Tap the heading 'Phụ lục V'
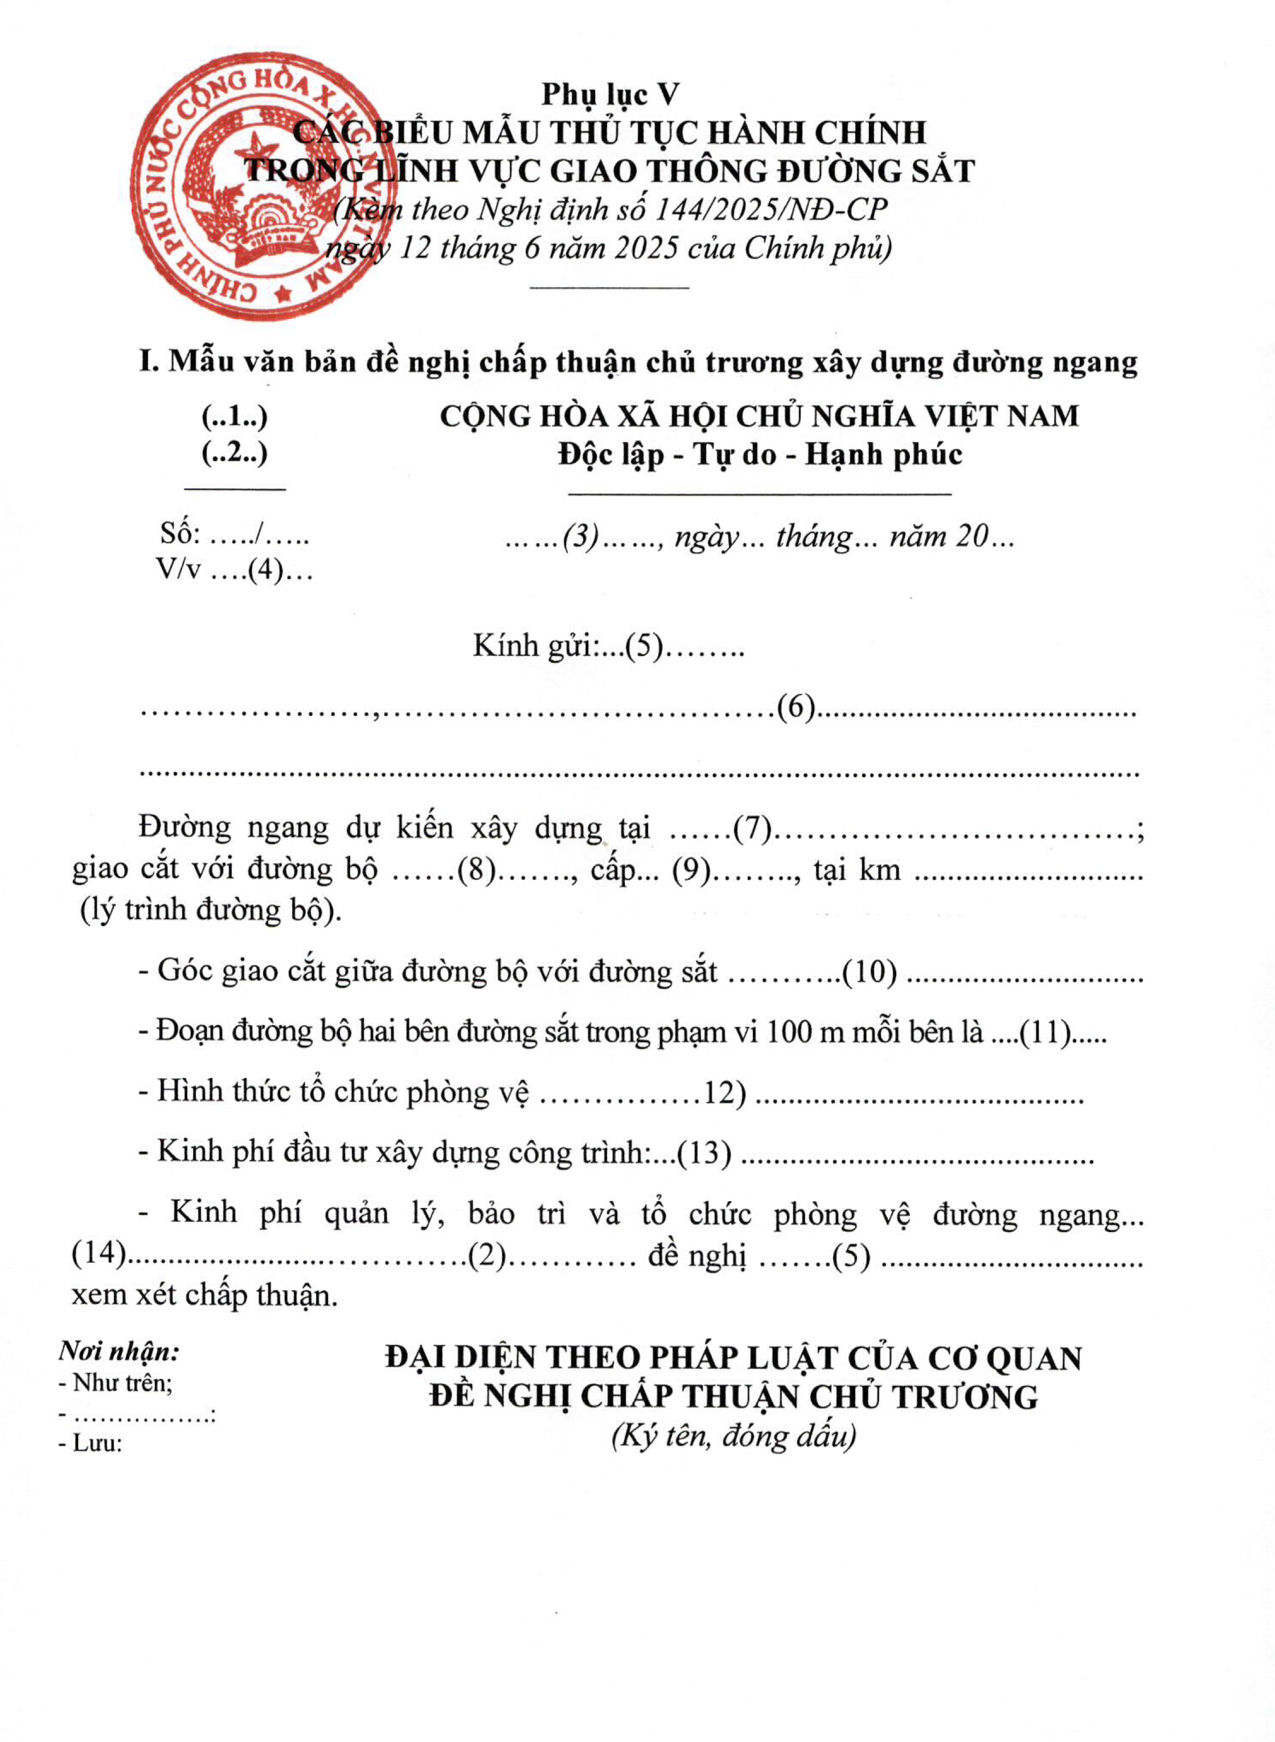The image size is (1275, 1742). tap(610, 94)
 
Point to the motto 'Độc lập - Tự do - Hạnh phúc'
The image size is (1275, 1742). tap(760, 454)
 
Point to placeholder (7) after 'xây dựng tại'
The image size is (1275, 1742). tap(752, 829)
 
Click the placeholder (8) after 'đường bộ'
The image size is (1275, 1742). tap(476, 870)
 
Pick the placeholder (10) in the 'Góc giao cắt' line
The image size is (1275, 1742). tap(869, 972)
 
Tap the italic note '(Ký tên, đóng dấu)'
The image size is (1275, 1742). tap(733, 1435)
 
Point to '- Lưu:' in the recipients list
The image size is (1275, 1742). tap(91, 1442)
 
